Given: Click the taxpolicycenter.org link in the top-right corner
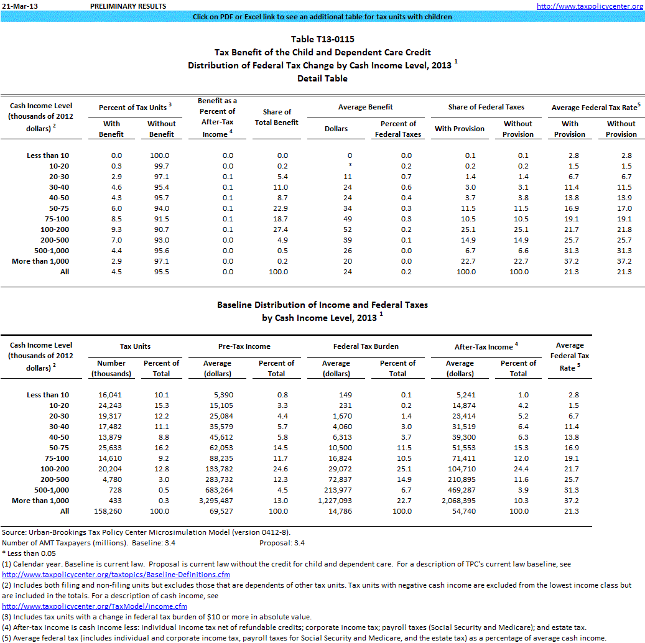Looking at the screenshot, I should click(590, 6).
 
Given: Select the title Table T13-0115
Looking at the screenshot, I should click(322, 39).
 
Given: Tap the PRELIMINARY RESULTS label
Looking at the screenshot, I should click(128, 6).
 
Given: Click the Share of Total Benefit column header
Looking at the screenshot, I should click(277, 117).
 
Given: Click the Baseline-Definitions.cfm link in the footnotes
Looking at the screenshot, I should click(116, 575).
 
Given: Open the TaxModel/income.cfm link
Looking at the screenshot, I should click(95, 606).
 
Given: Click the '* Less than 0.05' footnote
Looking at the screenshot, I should click(30, 553).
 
